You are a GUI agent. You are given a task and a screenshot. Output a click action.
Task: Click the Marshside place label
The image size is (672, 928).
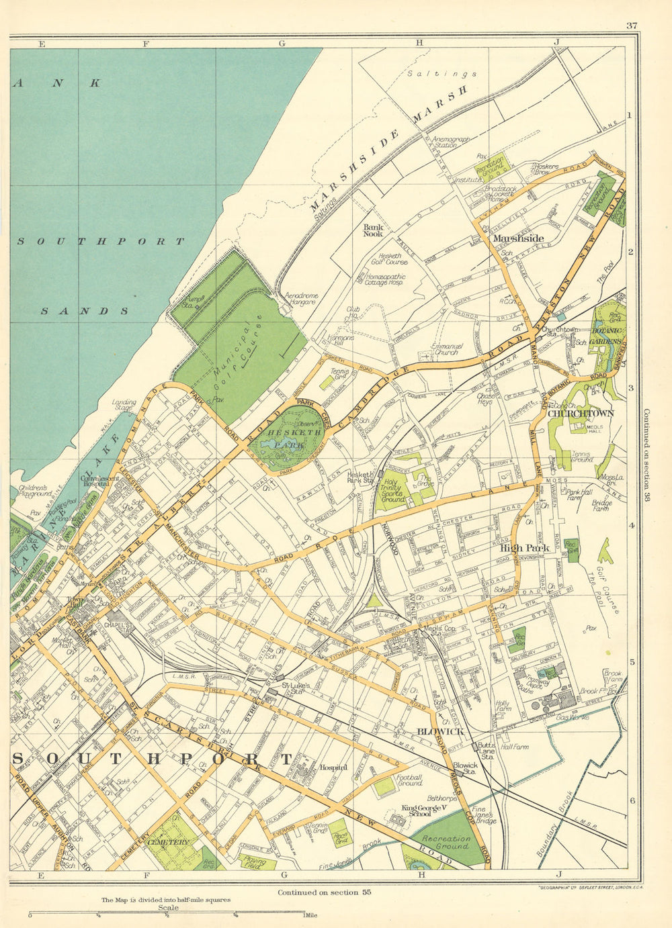click(x=517, y=238)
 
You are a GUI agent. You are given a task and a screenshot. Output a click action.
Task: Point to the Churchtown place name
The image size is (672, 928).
click(x=581, y=414)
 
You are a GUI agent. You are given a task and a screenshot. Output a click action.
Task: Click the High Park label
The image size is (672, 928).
click(x=525, y=548)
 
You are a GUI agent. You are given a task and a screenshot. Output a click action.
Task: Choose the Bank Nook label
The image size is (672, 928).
click(x=373, y=230)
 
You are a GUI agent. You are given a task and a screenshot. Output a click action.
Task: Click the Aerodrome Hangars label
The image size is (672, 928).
click(x=300, y=299)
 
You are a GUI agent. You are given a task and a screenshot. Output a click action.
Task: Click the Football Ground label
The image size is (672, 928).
click(x=410, y=780)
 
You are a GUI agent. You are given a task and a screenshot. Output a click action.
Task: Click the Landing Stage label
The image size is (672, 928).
click(x=125, y=407)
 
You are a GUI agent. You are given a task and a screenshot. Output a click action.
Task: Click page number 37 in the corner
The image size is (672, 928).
click(x=630, y=26)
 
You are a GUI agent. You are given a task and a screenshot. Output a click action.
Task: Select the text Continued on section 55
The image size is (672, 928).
click(x=324, y=892)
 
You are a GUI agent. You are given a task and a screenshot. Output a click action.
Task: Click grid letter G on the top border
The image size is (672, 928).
click(x=282, y=43)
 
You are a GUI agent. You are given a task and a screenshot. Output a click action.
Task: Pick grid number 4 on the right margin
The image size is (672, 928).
click(x=631, y=526)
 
